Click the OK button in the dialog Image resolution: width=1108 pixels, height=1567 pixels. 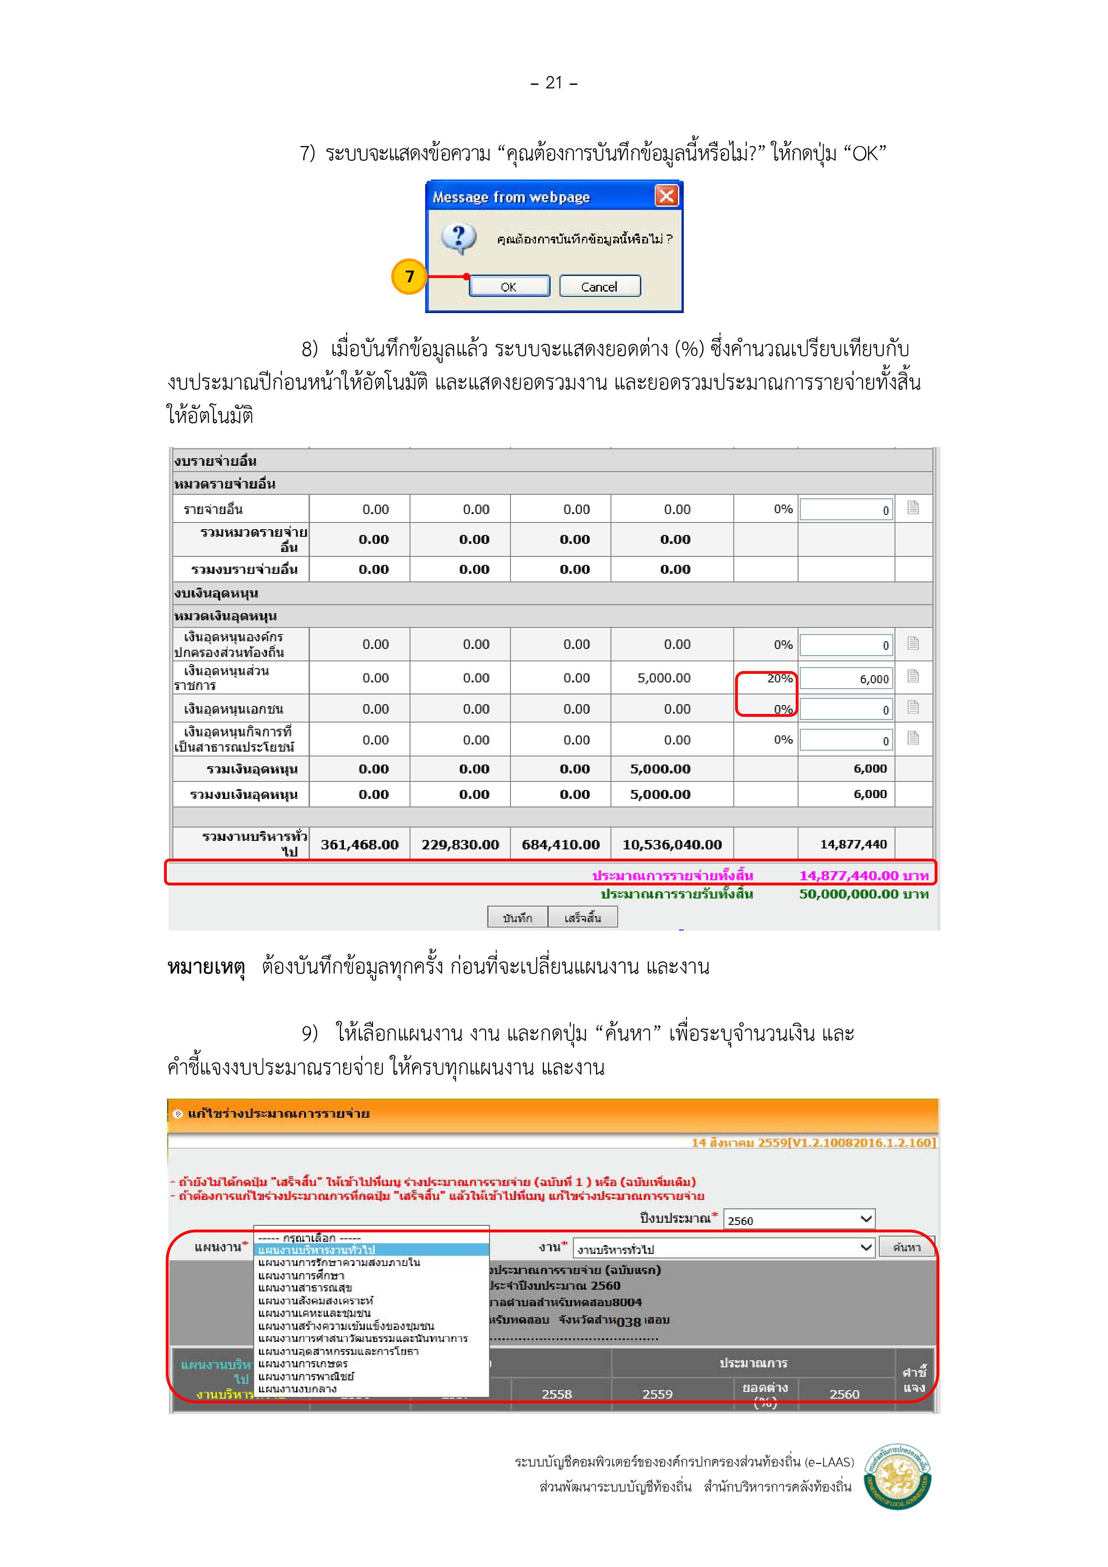pyautogui.click(x=509, y=286)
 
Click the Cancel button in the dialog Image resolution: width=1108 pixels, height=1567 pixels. pyautogui.click(x=599, y=286)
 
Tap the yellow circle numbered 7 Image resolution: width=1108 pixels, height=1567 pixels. pyautogui.click(x=409, y=276)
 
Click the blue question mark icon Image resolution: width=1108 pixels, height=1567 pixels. pyautogui.click(x=458, y=238)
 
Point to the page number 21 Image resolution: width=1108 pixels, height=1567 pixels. pyautogui.click(x=554, y=83)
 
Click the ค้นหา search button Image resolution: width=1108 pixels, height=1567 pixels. pyautogui.click(x=907, y=1247)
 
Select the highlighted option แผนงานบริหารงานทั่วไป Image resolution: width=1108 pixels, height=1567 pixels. pyautogui.click(x=372, y=1249)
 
